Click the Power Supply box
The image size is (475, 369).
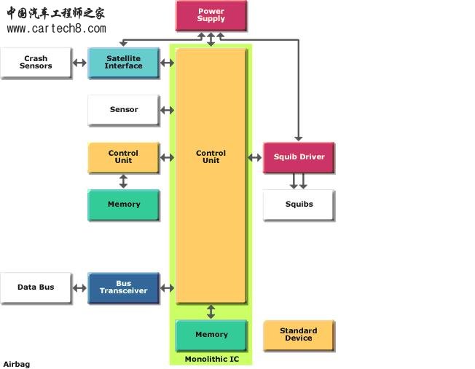click(211, 15)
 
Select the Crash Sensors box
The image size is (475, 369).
click(36, 63)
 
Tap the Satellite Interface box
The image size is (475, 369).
click(123, 63)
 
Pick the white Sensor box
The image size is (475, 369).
click(123, 110)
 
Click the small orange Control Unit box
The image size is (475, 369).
click(123, 157)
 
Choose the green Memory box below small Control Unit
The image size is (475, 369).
click(123, 205)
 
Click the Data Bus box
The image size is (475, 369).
click(36, 287)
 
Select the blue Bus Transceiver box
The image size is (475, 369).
click(123, 287)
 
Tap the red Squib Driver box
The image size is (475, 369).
click(299, 157)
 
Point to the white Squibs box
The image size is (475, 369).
click(299, 205)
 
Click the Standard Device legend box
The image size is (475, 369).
click(299, 335)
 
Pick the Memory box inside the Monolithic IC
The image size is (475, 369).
click(211, 335)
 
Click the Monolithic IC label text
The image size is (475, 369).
click(211, 360)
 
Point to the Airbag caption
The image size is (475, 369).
click(17, 364)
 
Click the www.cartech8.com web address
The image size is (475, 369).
click(56, 29)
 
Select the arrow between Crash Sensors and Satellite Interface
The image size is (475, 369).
click(79, 63)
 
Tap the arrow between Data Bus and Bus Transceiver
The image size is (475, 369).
click(79, 287)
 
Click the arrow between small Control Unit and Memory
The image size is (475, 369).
click(123, 180)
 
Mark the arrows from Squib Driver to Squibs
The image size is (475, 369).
click(299, 180)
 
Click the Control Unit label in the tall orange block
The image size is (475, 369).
click(211, 157)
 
